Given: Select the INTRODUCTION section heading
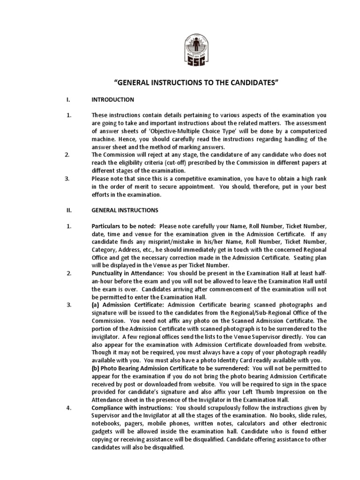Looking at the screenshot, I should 113,99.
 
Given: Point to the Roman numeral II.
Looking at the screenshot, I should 67,210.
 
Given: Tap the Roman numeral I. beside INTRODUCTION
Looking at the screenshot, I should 67,99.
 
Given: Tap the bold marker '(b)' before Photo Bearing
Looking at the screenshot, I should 97,368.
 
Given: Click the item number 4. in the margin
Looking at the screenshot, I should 68,408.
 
